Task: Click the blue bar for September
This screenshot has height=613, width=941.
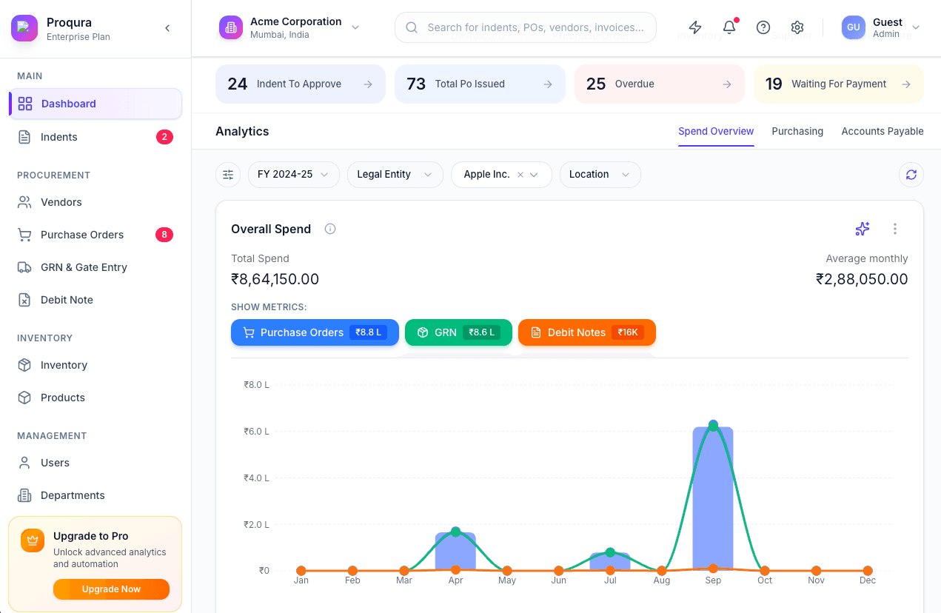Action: point(712,503)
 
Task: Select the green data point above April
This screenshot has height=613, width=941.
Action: point(455,532)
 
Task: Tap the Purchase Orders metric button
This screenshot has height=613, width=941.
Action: point(315,332)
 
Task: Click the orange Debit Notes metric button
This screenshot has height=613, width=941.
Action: point(586,332)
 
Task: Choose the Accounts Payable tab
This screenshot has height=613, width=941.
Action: point(882,131)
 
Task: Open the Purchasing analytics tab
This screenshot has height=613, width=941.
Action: point(797,131)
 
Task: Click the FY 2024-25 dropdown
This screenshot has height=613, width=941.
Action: point(293,175)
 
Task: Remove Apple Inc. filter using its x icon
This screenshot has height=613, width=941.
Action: point(520,175)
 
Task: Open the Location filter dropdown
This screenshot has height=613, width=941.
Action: point(600,175)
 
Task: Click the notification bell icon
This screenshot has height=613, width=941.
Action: point(729,27)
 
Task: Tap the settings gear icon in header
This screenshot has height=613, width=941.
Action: point(797,27)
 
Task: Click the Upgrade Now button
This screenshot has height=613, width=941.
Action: point(111,589)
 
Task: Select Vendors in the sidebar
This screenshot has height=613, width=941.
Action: point(61,202)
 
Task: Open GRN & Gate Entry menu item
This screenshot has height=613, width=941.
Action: point(84,267)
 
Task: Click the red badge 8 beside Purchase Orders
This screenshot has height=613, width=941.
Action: point(164,235)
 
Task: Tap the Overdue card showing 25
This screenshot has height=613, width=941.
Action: point(659,84)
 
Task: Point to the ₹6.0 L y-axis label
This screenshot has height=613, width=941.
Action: point(256,432)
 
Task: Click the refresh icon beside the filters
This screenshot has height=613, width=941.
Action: point(911,175)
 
